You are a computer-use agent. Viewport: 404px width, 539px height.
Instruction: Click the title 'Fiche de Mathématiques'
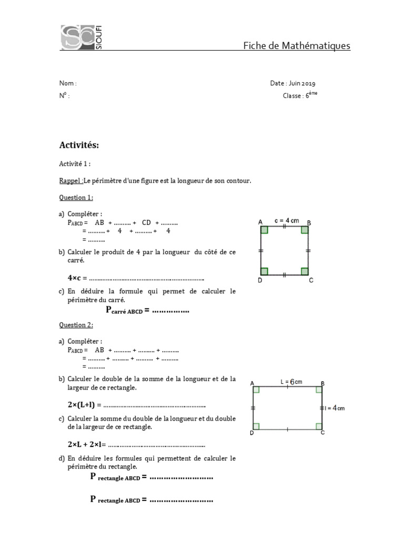click(296, 46)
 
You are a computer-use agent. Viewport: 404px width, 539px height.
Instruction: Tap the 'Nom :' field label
click(68, 83)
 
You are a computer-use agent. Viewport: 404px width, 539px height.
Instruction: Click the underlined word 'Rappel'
click(70, 181)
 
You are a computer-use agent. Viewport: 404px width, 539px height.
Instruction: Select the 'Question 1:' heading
click(76, 197)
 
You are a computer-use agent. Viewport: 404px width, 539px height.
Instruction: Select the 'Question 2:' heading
click(76, 325)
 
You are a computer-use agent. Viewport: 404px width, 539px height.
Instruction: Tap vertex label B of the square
click(309, 223)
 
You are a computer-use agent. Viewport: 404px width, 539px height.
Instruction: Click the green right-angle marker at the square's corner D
click(265, 271)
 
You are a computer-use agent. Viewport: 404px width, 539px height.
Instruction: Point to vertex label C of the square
click(311, 281)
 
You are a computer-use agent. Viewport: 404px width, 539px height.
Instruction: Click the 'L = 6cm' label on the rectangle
click(291, 382)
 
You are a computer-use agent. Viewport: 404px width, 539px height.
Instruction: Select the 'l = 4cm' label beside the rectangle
click(335, 408)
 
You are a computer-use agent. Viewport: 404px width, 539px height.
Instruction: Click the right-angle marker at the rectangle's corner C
click(318, 426)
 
